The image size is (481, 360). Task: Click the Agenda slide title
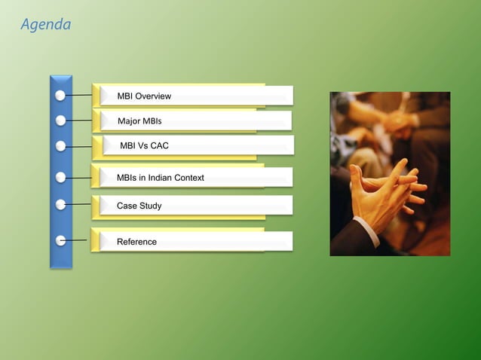pyautogui.click(x=46, y=25)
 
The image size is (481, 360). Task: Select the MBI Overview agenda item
pyautogui.click(x=144, y=96)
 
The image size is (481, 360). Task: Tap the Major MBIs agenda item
pyautogui.click(x=139, y=121)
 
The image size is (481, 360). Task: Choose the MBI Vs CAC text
pyautogui.click(x=144, y=145)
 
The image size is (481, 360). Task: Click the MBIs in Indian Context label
pyautogui.click(x=160, y=178)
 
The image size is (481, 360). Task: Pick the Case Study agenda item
pyautogui.click(x=139, y=206)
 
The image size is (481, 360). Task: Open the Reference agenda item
pyautogui.click(x=136, y=242)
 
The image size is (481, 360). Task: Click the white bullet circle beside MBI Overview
pyautogui.click(x=60, y=96)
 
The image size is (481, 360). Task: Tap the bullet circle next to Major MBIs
pyautogui.click(x=60, y=121)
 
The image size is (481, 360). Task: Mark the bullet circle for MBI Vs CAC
pyautogui.click(x=60, y=146)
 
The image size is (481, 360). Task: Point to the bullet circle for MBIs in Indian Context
pyautogui.click(x=60, y=178)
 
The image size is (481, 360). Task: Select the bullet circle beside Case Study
pyautogui.click(x=60, y=204)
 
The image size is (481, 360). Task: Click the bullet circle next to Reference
pyautogui.click(x=60, y=241)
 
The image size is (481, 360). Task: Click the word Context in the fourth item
pyautogui.click(x=187, y=178)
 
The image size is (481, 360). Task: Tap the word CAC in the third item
pyautogui.click(x=159, y=145)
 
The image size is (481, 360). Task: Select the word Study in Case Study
pyautogui.click(x=150, y=206)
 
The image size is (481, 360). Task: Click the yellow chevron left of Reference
pyautogui.click(x=97, y=241)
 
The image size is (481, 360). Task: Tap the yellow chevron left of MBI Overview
pyautogui.click(x=97, y=96)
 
